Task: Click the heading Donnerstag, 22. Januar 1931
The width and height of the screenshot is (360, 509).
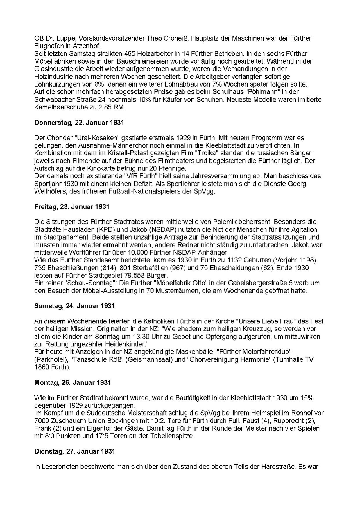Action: pyautogui.click(x=79, y=123)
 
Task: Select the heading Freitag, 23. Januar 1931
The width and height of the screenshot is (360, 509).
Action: pyautogui.click(x=71, y=207)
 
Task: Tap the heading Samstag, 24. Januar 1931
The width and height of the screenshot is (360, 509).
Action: pyautogui.click(x=74, y=306)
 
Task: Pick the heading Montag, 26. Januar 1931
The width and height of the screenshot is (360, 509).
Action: pyautogui.click(x=72, y=382)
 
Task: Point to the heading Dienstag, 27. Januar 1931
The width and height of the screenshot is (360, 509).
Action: pyautogui.click(x=75, y=451)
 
